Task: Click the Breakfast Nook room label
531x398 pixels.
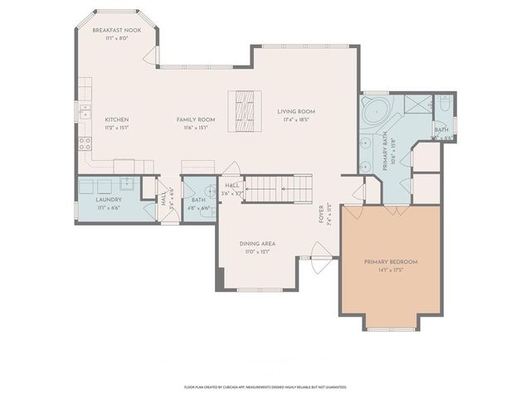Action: (x=117, y=31)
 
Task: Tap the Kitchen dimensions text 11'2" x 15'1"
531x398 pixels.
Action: (x=117, y=128)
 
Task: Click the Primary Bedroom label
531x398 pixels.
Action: (x=391, y=262)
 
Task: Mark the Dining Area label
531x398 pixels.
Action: (x=257, y=244)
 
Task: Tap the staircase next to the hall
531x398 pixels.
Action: (x=282, y=188)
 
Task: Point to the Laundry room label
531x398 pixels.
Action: (x=110, y=200)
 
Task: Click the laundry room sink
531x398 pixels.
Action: (x=126, y=185)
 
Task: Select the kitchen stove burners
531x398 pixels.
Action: (x=84, y=142)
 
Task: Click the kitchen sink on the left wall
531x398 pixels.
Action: (x=84, y=110)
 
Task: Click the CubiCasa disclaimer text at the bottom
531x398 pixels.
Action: (x=265, y=387)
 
